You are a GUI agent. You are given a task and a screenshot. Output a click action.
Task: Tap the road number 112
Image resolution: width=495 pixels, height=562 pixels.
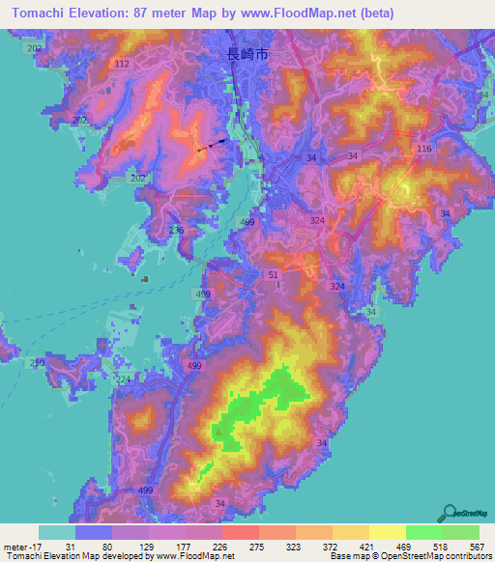pos(122,64)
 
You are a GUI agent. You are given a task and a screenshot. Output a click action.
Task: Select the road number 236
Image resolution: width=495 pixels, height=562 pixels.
pos(176,230)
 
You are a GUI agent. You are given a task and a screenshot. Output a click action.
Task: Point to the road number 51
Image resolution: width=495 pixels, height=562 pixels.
pos(274,275)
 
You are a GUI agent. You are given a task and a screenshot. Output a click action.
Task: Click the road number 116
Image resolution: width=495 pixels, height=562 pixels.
pos(424,150)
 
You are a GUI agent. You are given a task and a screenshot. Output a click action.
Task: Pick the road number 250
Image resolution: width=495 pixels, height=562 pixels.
pos(38,362)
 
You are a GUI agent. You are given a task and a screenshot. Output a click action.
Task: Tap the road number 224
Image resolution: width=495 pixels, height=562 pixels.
pos(123,380)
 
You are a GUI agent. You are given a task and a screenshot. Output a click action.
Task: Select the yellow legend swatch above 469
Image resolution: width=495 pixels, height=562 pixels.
pos(387,532)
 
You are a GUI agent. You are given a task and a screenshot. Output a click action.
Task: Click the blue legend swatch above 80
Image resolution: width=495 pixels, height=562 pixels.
pos(94,532)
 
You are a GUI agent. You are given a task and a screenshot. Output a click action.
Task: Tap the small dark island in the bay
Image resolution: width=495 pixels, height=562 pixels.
pos(145,280)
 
